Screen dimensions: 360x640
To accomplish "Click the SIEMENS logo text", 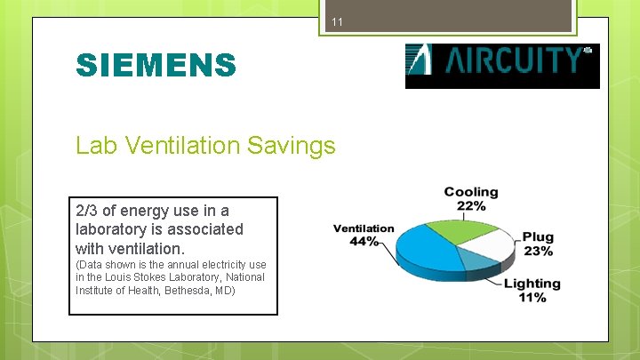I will [156, 65].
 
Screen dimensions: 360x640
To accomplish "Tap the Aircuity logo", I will [502, 65].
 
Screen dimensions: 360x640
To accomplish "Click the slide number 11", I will [337, 21].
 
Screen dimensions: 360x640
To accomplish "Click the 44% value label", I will [364, 242].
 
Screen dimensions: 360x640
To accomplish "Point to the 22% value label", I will [471, 206].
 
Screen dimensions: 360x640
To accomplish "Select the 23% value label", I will [537, 251].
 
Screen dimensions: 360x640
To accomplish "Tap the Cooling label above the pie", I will [471, 192].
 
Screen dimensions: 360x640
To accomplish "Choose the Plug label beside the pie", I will [538, 237].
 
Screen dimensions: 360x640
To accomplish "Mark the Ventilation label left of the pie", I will [364, 228].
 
